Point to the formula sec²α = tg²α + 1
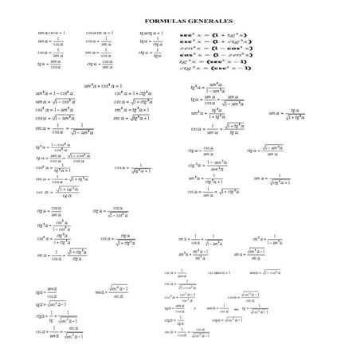coord(132,110)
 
